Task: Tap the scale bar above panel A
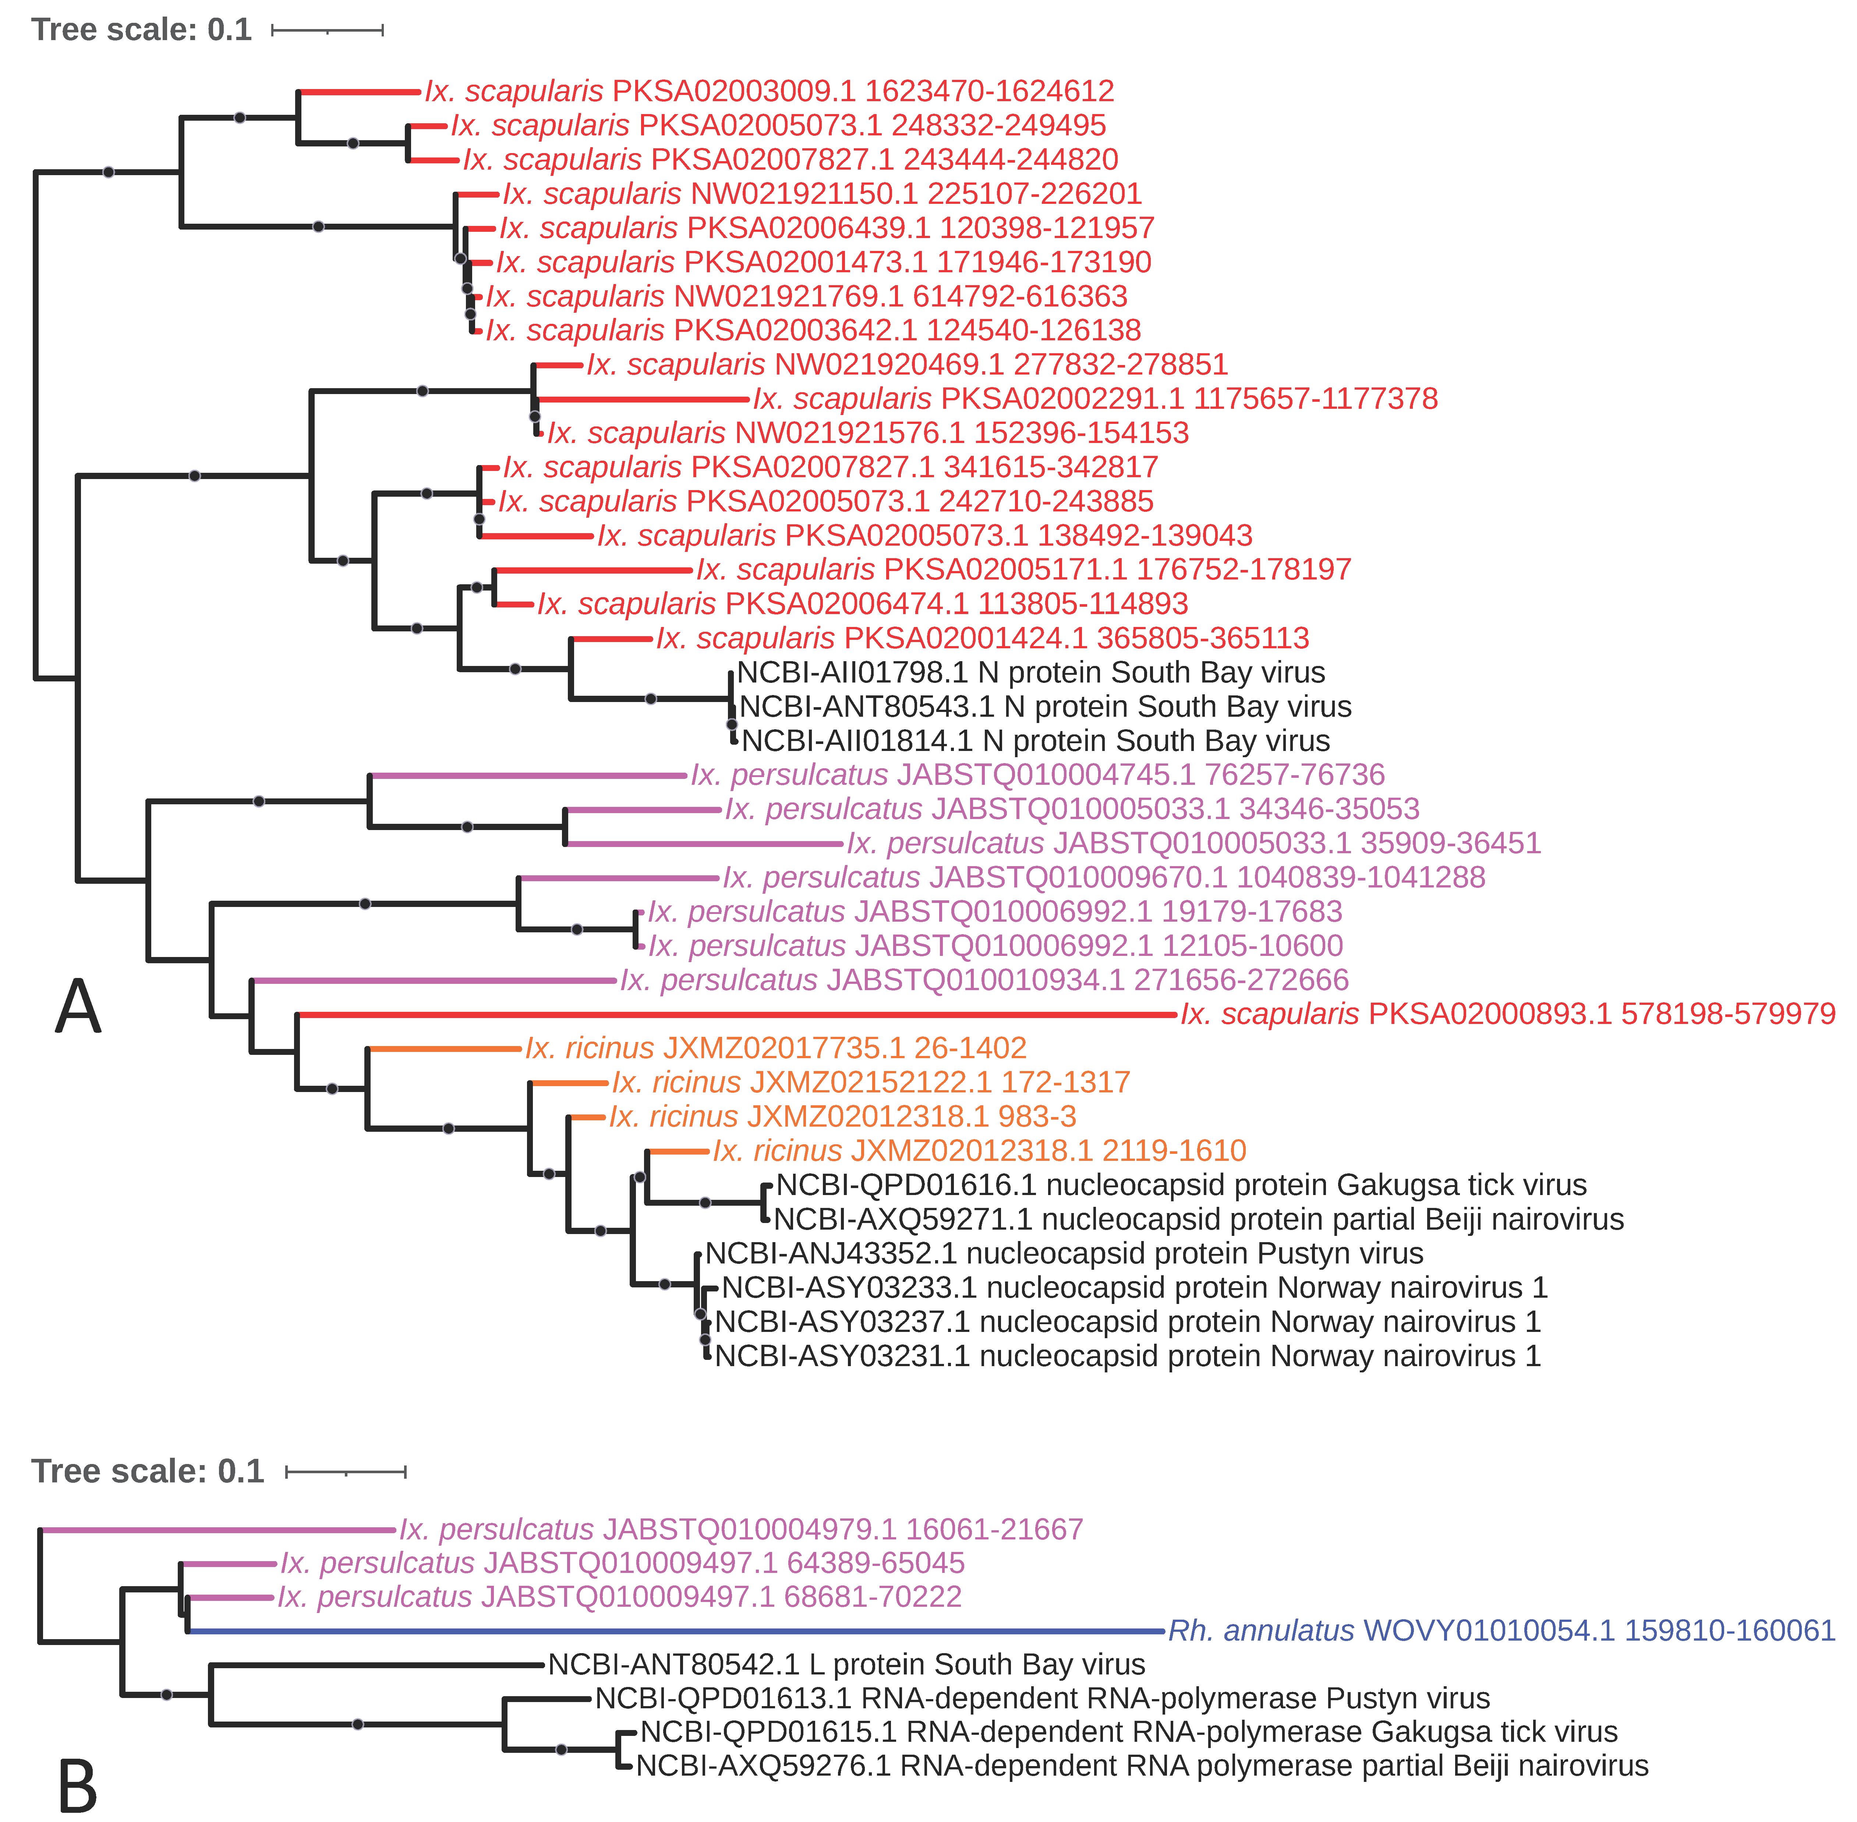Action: (x=328, y=31)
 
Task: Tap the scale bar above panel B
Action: (x=346, y=1472)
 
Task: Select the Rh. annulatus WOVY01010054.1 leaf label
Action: (x=1501, y=1631)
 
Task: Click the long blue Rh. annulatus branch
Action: (x=670, y=1631)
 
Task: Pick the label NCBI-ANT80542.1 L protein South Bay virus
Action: (x=846, y=1665)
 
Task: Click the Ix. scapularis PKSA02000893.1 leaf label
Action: (x=1508, y=1014)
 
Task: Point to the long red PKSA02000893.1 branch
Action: (x=737, y=1014)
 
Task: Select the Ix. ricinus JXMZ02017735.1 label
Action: (x=775, y=1049)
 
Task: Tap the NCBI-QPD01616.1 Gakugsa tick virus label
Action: (x=1181, y=1185)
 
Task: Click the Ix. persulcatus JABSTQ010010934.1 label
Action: (x=984, y=980)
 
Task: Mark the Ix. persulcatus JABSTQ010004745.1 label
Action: (x=1038, y=775)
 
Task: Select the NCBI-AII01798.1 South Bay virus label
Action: (x=1031, y=673)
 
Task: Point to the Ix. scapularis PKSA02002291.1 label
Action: (x=1095, y=399)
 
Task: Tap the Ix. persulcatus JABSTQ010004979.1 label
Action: (x=741, y=1530)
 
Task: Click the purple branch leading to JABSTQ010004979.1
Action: (x=215, y=1530)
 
